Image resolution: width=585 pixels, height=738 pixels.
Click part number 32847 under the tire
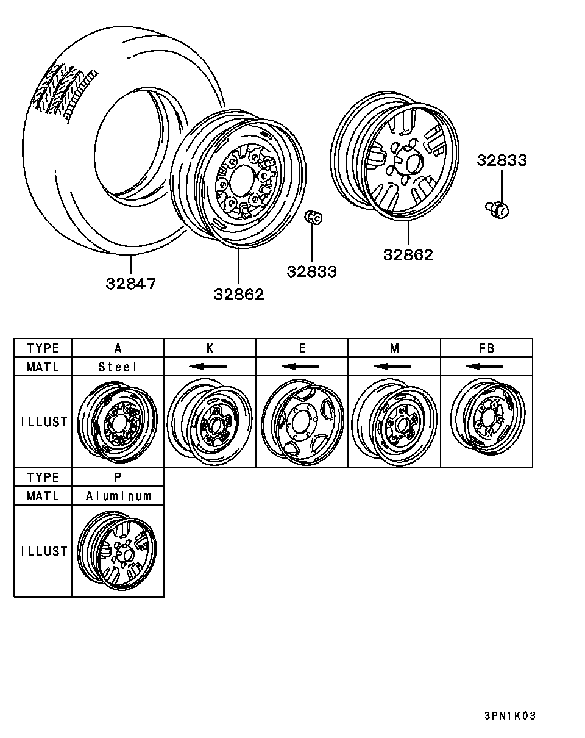(130, 284)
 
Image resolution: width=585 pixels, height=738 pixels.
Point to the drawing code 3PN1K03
(510, 716)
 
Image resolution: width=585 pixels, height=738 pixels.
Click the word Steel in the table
(118, 367)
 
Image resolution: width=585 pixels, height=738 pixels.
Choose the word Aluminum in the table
(118, 496)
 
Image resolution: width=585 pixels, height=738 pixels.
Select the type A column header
(118, 348)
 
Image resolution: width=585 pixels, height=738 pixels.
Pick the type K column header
(210, 348)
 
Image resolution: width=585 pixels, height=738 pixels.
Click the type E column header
(302, 348)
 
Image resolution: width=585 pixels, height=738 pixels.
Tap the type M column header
(394, 348)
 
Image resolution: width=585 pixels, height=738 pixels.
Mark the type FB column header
(486, 348)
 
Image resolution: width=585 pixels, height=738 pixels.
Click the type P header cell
(118, 477)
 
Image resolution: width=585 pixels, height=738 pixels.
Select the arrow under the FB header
(485, 367)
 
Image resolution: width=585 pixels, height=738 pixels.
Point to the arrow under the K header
(208, 367)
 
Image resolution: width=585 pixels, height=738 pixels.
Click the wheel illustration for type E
(302, 422)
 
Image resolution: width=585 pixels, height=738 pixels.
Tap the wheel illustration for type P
(118, 551)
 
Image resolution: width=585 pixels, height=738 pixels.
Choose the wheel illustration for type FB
(486, 422)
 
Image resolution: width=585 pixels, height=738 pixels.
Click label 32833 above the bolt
(502, 160)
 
